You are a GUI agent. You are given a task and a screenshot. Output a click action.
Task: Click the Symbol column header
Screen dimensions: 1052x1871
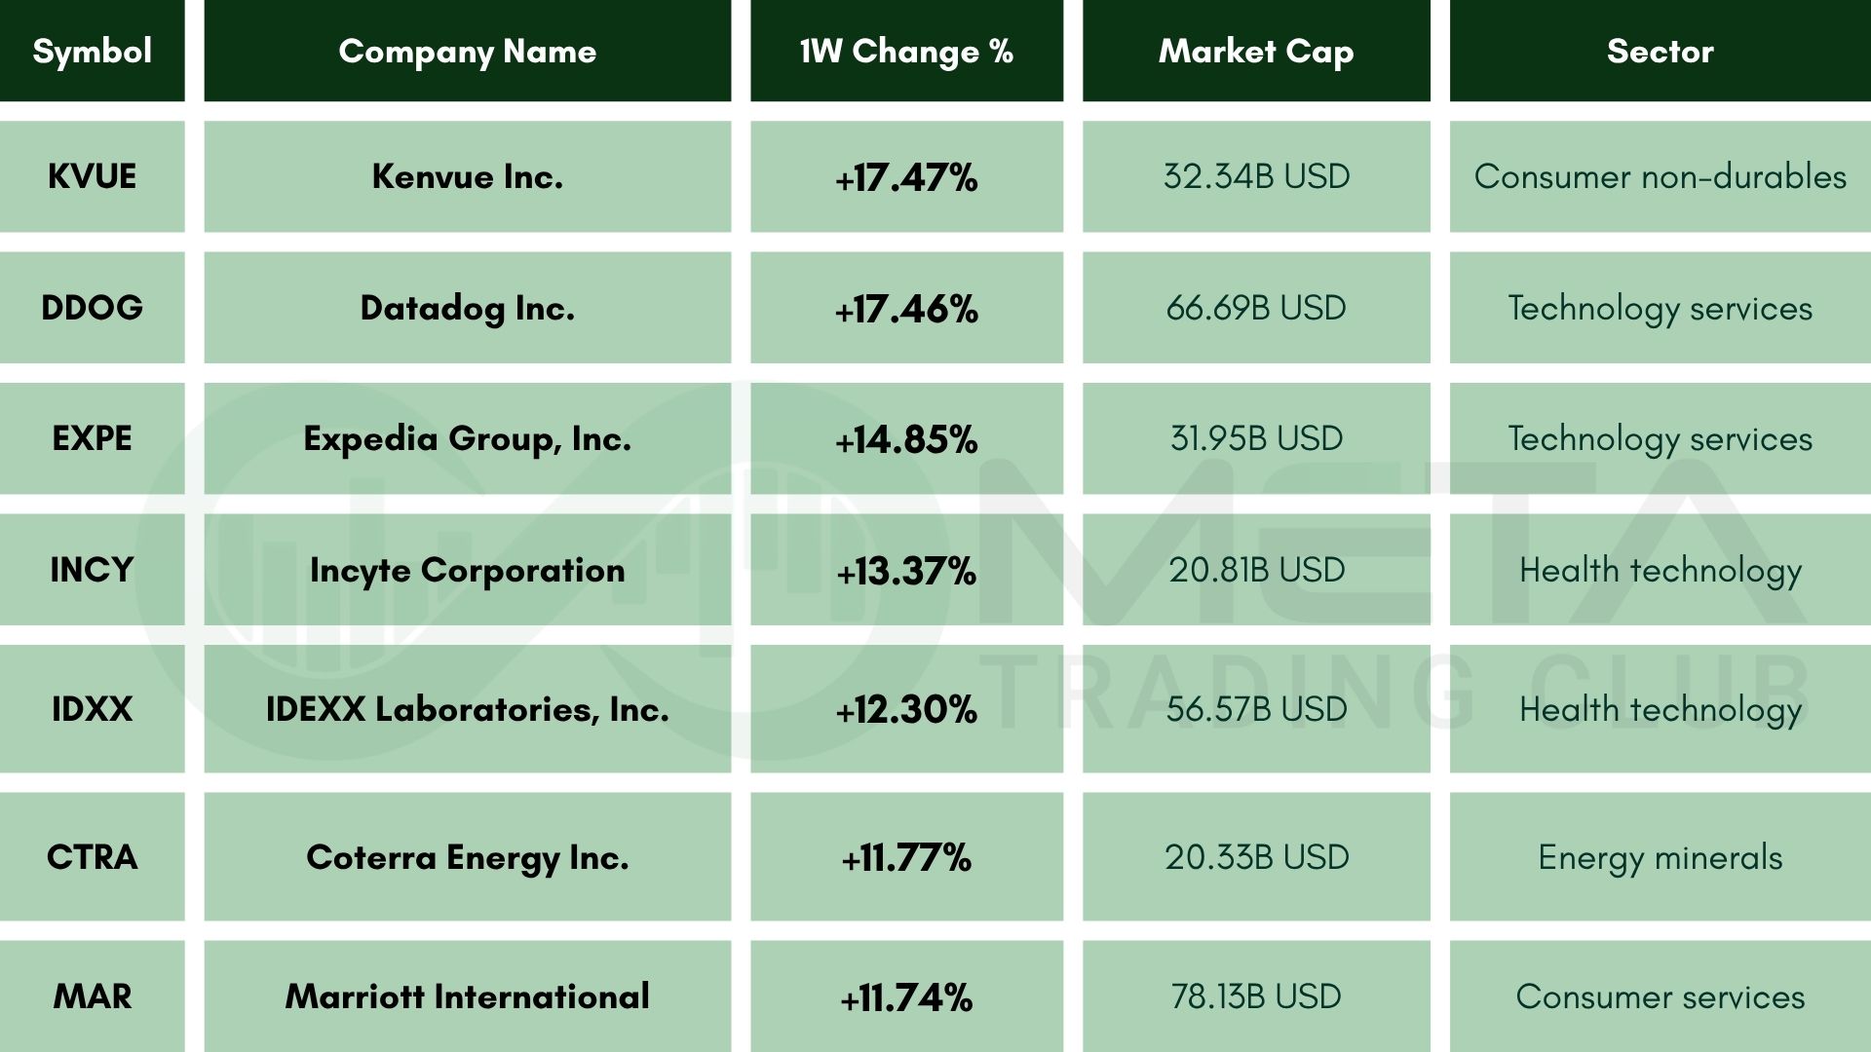click(x=92, y=51)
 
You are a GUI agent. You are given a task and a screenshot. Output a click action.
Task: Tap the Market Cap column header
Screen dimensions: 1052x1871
click(x=1256, y=51)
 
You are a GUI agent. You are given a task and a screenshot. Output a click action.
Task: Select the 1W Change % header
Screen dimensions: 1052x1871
click(x=906, y=51)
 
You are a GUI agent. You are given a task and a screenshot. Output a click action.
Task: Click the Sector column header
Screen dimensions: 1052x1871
click(x=1660, y=51)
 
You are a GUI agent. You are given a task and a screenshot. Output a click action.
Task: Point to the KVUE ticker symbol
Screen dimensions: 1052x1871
click(x=92, y=176)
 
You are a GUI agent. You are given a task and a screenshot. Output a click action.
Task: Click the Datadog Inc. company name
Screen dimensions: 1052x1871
click(x=467, y=308)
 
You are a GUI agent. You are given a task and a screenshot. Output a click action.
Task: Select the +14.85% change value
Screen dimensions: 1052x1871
click(x=906, y=439)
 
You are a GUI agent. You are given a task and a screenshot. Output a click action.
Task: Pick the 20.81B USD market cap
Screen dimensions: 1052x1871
click(x=1256, y=570)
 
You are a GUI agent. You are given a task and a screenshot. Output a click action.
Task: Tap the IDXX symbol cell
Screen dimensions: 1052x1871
click(x=92, y=709)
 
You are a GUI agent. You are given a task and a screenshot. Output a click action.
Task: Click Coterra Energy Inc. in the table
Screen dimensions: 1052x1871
click(x=467, y=857)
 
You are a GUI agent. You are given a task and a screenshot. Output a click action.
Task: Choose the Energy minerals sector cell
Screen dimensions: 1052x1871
click(x=1660, y=857)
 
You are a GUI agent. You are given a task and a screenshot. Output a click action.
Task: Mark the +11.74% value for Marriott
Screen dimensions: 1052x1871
click(x=906, y=997)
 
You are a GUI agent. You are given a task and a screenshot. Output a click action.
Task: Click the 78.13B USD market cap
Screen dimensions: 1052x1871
click(x=1256, y=996)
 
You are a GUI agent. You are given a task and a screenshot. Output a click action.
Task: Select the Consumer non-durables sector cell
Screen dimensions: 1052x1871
click(x=1660, y=176)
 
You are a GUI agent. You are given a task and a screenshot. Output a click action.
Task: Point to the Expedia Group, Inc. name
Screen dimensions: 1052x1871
click(x=467, y=439)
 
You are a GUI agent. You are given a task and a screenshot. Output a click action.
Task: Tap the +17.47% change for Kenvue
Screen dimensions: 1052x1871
click(x=906, y=177)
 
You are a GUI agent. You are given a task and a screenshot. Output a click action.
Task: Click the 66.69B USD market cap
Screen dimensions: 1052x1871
click(x=1256, y=308)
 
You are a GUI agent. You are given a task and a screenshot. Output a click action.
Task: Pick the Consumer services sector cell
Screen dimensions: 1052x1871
click(x=1660, y=996)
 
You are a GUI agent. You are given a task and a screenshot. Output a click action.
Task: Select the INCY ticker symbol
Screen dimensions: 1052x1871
click(x=92, y=570)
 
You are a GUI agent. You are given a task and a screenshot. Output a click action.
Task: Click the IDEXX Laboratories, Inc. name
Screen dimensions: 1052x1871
click(x=467, y=709)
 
